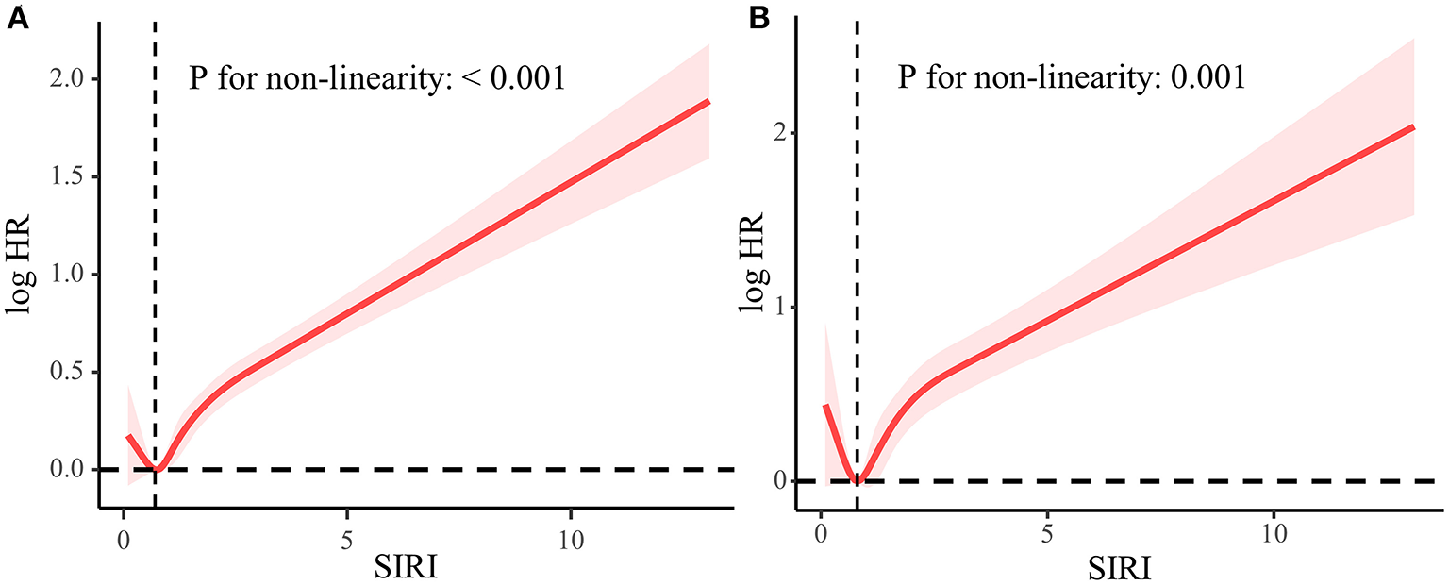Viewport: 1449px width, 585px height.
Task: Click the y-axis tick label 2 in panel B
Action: pyautogui.click(x=780, y=133)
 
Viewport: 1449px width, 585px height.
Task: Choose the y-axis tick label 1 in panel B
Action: pyautogui.click(x=780, y=308)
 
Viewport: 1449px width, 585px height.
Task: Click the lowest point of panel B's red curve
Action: pyautogui.click(x=857, y=481)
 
